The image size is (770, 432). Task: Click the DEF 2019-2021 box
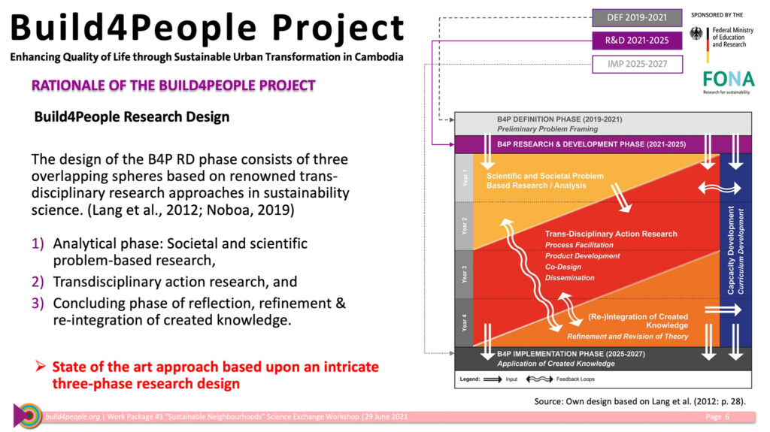tap(637, 18)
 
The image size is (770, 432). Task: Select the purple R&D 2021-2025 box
tap(637, 41)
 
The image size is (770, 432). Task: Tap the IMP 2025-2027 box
tap(637, 64)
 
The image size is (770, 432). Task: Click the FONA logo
tap(728, 79)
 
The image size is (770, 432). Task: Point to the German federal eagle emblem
tap(696, 33)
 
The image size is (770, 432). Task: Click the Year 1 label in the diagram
tap(464, 178)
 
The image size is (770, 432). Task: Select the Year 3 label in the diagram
tap(464, 274)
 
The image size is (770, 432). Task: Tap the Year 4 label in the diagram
tap(464, 322)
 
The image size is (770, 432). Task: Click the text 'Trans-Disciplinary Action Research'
tap(611, 234)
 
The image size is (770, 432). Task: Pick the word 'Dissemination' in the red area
tap(570, 278)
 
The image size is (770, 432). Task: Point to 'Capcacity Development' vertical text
tap(731, 250)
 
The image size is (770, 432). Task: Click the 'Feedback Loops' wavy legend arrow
tap(539, 379)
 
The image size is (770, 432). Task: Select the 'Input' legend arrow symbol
tap(493, 379)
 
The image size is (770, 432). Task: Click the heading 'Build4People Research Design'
tap(132, 117)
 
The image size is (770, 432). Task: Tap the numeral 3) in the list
tap(38, 304)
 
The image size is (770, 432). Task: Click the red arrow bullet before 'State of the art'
tap(41, 366)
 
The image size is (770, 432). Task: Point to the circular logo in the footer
tap(28, 415)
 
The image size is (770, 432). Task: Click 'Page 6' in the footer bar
tap(717, 417)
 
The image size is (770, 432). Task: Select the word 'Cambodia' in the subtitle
tap(379, 57)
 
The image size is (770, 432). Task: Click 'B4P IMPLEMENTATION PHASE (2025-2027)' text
tap(571, 354)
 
